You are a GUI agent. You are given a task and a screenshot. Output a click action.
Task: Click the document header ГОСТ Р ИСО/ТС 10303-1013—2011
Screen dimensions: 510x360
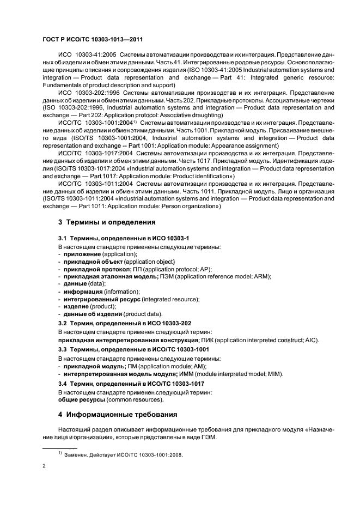pos(93,39)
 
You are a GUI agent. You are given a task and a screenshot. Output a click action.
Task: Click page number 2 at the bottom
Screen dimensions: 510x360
pos(44,466)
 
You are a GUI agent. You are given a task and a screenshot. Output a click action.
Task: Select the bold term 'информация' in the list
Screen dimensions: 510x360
pos(83,292)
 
